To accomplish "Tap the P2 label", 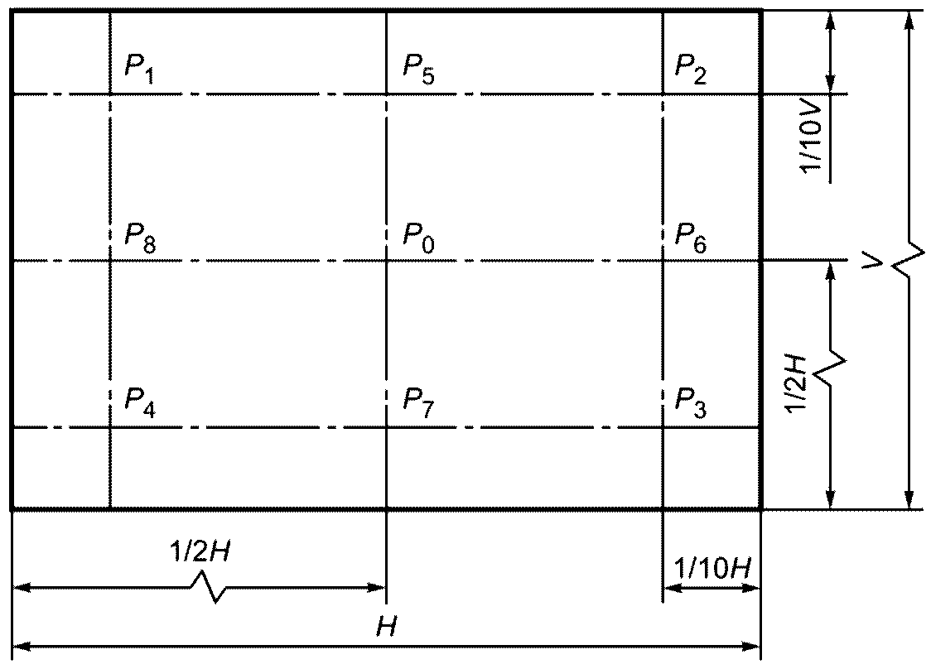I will [691, 69].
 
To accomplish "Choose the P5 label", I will [418, 69].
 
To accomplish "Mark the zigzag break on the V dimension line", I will [909, 262].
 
